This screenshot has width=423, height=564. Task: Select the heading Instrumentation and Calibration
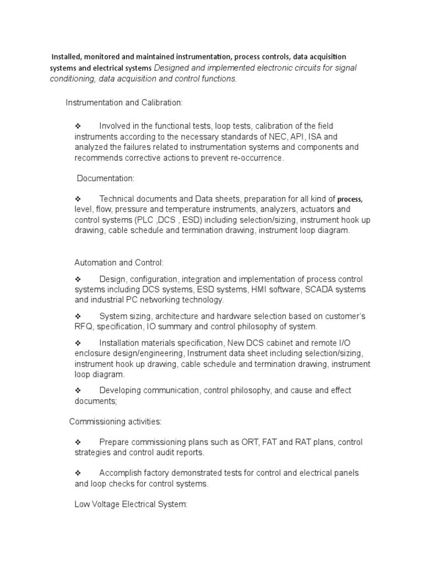point(124,103)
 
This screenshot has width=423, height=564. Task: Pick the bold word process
point(350,199)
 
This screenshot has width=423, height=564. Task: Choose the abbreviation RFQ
point(84,327)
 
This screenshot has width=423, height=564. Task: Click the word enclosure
point(92,353)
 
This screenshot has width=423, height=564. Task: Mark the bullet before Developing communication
point(78,390)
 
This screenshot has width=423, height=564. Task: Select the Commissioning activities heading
point(115,422)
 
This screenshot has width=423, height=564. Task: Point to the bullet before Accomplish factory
point(78,473)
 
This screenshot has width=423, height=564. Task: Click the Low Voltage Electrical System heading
point(131,505)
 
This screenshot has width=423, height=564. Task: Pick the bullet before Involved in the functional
point(78,126)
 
